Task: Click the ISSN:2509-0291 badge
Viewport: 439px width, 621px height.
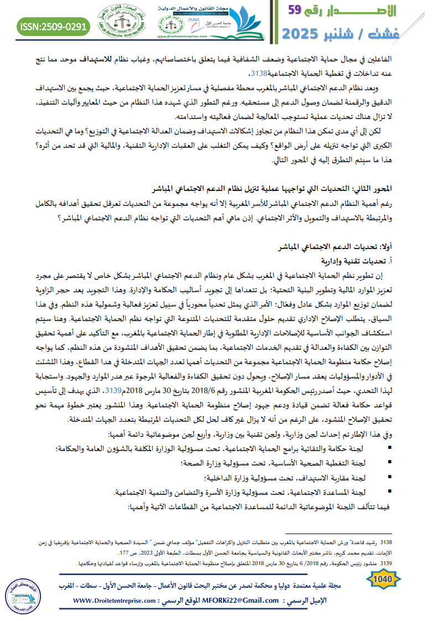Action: (53, 26)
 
